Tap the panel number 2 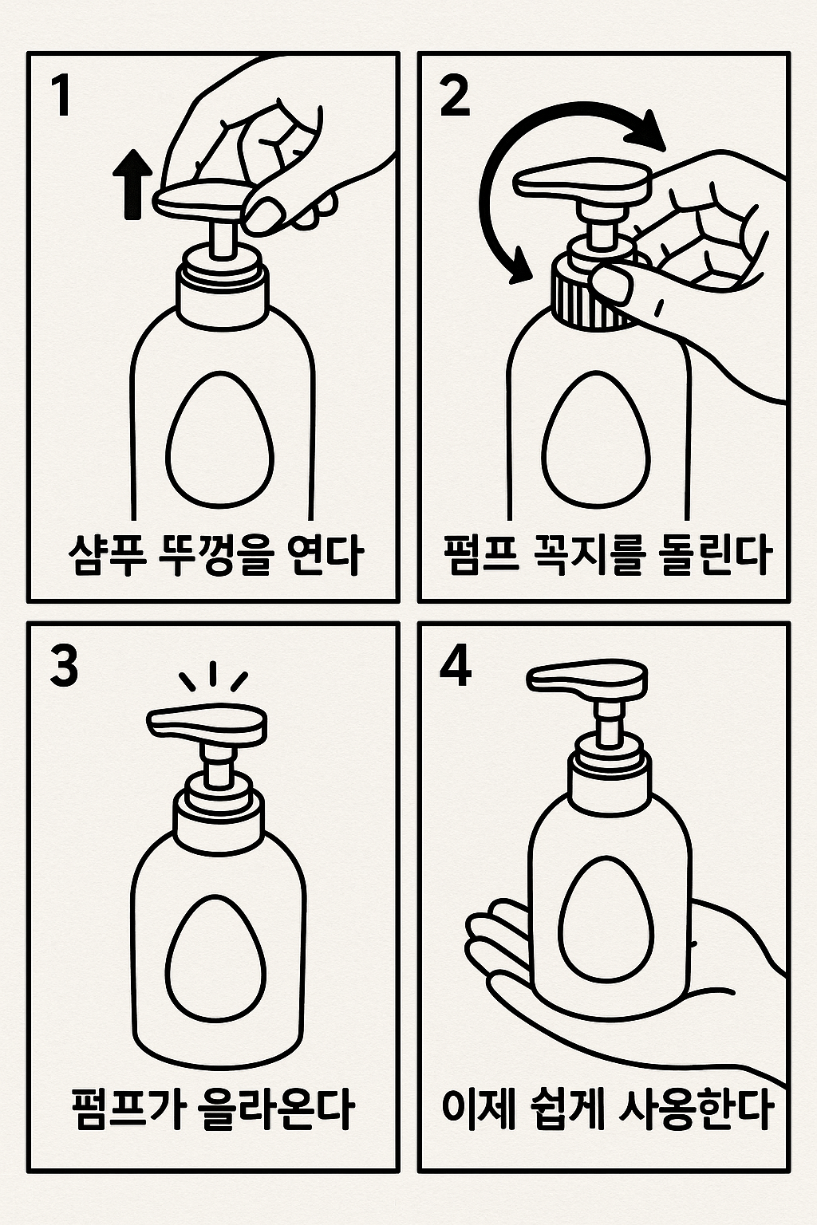pos(455,97)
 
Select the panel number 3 pos(64,667)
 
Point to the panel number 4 pos(456,667)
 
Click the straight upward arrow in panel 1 pos(132,185)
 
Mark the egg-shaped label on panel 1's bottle pos(219,438)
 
